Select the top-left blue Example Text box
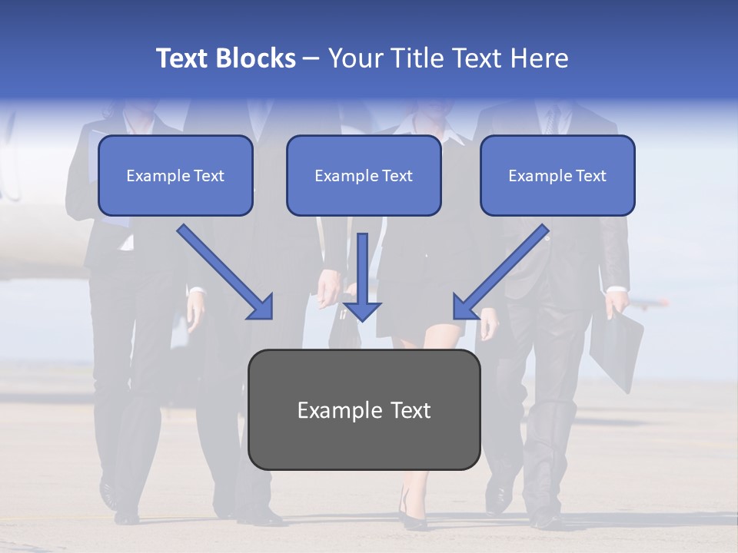coord(175,176)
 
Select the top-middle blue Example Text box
coord(364,176)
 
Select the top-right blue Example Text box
coord(557,176)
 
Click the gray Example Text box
coord(364,410)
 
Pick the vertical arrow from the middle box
coord(362,269)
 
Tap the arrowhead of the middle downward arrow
coord(362,310)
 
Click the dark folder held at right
coord(619,349)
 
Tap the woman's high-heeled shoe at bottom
coord(411,516)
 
